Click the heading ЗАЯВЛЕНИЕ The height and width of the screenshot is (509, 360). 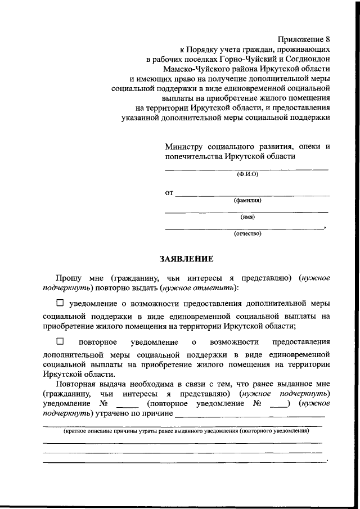(187, 259)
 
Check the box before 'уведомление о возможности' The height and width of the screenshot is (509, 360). (60, 303)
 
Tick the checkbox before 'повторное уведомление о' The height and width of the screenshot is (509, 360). (60, 341)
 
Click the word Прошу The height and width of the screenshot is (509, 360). (67, 277)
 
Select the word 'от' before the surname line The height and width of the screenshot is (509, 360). (169, 193)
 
